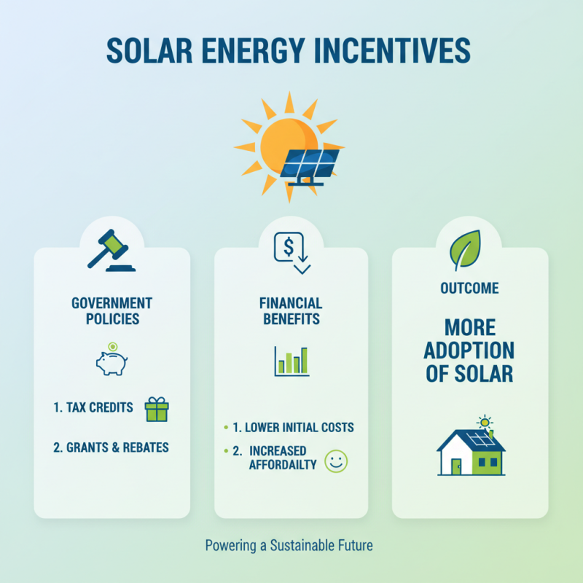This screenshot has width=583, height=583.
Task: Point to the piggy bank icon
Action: point(111,361)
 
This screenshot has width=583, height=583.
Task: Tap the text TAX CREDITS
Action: point(100,407)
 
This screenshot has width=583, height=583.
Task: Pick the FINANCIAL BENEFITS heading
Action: point(291,311)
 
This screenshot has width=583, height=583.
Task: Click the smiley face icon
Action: point(336,461)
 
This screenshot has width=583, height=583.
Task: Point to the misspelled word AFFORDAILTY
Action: point(283,464)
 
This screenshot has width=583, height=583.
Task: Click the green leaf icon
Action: point(464,249)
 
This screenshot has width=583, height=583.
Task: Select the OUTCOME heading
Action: point(469,289)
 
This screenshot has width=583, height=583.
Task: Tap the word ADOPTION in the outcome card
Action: point(469,350)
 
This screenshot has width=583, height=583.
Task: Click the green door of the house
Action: point(456,466)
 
